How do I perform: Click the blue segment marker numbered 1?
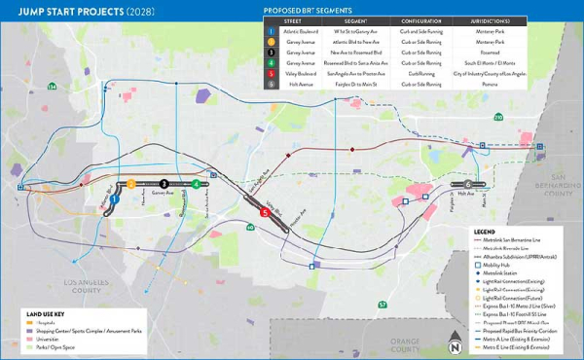click(x=115, y=198)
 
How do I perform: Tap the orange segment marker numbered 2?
click(x=129, y=183)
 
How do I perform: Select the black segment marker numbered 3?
click(x=164, y=183)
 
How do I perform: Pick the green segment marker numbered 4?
click(x=197, y=183)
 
